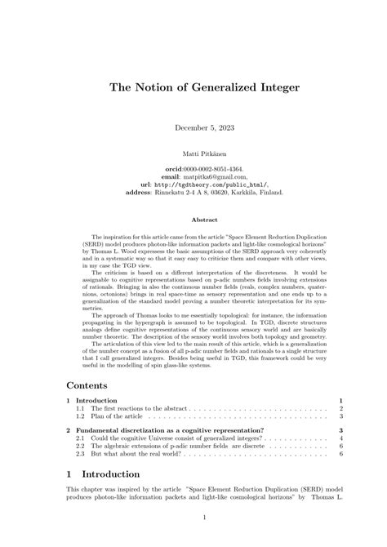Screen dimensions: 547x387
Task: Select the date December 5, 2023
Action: (x=193, y=127)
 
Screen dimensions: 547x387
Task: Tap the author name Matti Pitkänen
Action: (x=193, y=153)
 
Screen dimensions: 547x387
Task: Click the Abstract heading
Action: (x=193, y=219)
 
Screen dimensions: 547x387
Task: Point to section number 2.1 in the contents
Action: (x=81, y=438)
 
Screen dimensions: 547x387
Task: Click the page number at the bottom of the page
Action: (x=193, y=517)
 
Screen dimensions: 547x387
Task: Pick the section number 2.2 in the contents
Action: (x=81, y=447)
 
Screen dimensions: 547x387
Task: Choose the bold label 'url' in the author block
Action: (x=145, y=185)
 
